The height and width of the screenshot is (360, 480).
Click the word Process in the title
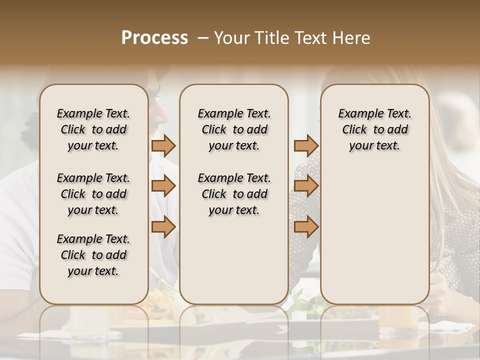point(154,38)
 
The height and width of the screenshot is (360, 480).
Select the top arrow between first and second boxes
point(163,145)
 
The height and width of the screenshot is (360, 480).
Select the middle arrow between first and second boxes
point(163,186)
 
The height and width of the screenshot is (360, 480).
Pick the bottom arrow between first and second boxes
point(163,227)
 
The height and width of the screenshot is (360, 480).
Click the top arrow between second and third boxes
point(306,145)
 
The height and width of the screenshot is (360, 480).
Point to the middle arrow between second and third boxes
point(306,186)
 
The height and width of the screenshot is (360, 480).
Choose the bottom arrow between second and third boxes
point(306,227)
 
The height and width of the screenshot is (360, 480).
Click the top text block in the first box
point(93,129)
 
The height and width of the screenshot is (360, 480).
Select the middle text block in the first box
point(93,194)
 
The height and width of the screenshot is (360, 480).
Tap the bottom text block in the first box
point(93,255)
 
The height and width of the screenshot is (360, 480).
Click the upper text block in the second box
point(234,129)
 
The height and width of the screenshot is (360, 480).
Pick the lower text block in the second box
point(234,194)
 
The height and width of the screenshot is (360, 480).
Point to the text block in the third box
point(374,129)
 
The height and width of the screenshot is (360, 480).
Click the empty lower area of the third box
point(374,235)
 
